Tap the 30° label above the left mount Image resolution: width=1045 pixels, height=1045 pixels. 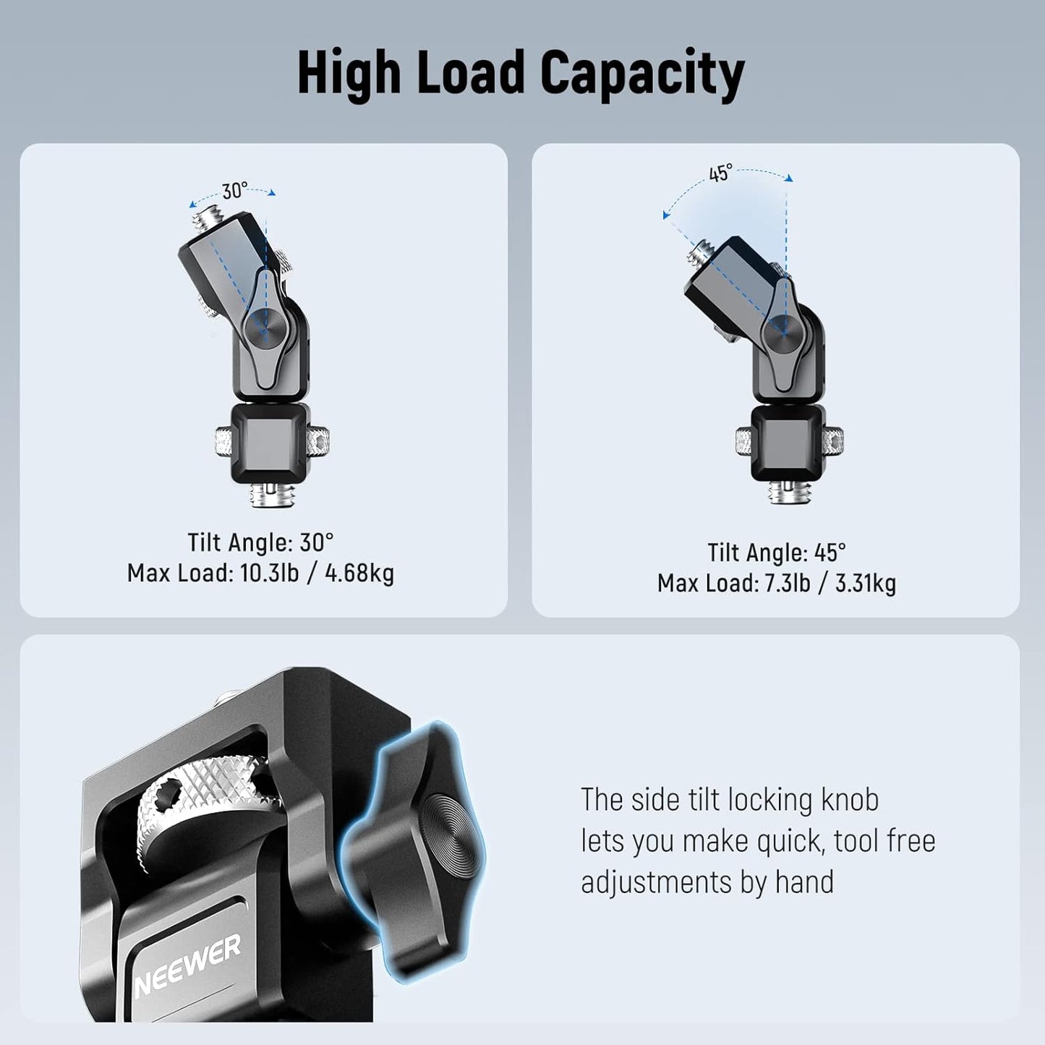point(235,190)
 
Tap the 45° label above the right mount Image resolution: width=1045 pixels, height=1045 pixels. point(720,174)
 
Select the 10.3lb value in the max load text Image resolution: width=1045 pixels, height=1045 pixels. point(269,573)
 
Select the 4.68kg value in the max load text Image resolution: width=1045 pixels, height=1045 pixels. point(359,573)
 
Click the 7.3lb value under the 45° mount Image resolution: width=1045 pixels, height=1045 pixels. point(787,584)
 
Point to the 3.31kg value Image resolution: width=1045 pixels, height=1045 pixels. point(866,584)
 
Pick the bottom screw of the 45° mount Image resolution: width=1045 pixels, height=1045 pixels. point(789,493)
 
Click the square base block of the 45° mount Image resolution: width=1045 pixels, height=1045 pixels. point(788,442)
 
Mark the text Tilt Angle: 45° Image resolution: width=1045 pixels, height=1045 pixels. point(776,553)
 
